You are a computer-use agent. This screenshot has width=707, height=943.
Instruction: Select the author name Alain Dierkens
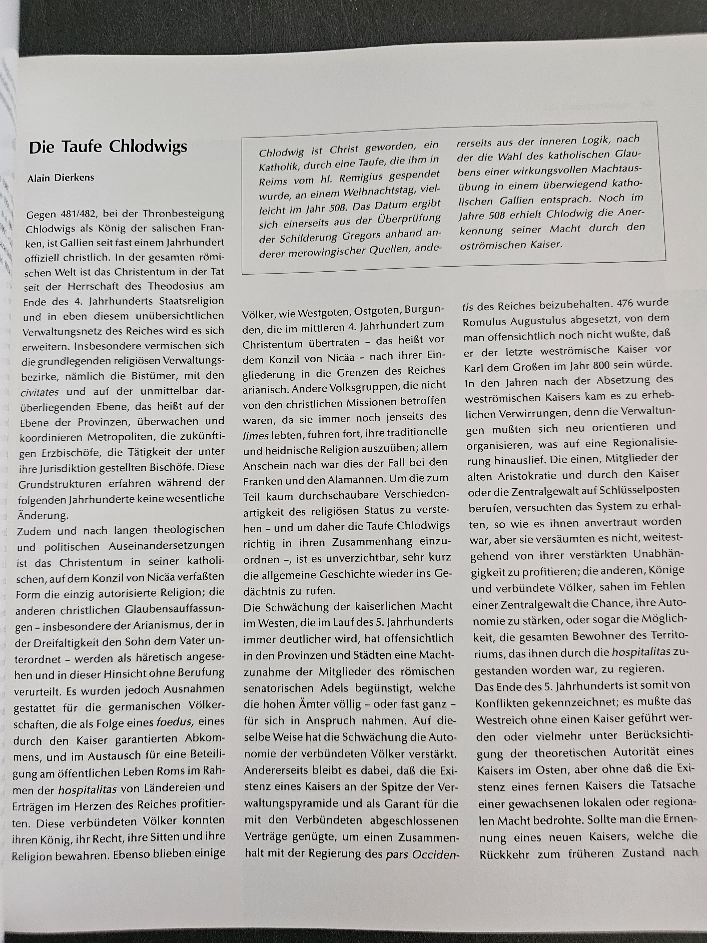coord(61,178)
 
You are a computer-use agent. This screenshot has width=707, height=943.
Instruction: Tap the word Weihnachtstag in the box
coord(379,193)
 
